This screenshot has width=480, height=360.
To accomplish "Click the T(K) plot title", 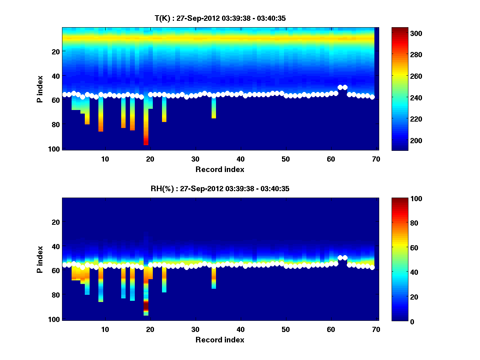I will pyautogui.click(x=220, y=18).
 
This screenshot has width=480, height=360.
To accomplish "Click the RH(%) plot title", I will pyautogui.click(x=220, y=188).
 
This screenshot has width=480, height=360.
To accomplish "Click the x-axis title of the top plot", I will pyautogui.click(x=220, y=169).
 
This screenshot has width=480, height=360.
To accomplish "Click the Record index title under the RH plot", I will pyautogui.click(x=220, y=340).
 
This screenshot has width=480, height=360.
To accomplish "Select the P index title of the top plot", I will pyautogui.click(x=40, y=89).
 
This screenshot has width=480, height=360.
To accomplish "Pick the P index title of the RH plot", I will pyautogui.click(x=40, y=259).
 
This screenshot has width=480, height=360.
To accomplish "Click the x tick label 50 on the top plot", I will pyautogui.click(x=286, y=159).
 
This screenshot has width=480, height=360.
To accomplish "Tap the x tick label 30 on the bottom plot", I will pyautogui.click(x=195, y=330).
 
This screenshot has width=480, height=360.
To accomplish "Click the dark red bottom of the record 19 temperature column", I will pyautogui.click(x=146, y=142).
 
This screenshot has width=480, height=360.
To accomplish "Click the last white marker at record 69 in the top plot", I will pyautogui.click(x=372, y=97).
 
